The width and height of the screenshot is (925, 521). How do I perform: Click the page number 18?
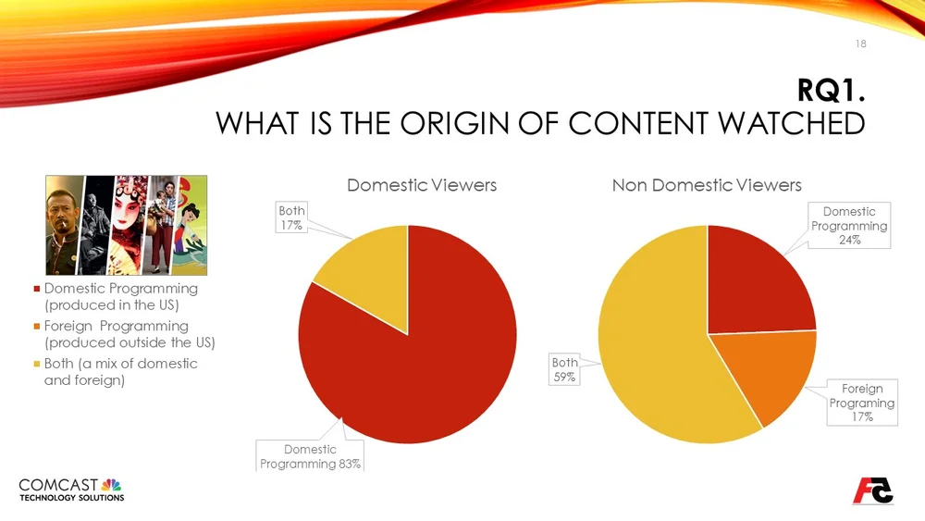click(859, 44)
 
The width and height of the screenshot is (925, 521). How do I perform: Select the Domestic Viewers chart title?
click(421, 185)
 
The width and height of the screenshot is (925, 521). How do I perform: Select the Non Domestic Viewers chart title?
click(707, 185)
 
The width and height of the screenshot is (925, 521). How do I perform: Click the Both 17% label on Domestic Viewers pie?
click(292, 217)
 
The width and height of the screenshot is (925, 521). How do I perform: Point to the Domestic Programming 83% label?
click(310, 456)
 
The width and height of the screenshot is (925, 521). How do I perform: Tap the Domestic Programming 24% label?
click(848, 226)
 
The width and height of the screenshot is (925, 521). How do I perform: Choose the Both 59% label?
click(563, 369)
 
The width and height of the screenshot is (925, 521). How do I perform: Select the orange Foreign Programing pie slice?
click(763, 375)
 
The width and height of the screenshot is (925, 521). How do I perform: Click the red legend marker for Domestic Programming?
click(35, 289)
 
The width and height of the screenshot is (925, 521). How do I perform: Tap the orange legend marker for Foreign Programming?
click(35, 326)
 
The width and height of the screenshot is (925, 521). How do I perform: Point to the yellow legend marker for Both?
click(35, 364)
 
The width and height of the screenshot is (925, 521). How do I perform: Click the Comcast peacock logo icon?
click(111, 484)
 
